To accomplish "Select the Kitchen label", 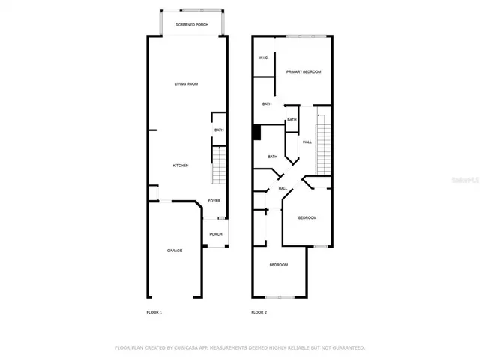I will [181, 166].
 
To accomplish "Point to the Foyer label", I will [214, 202].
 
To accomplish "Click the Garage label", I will [174, 250].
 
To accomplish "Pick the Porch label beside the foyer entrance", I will [216, 234].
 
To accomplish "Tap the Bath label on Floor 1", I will [219, 130].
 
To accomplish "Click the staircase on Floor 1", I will [218, 166].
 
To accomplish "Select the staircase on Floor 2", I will [323, 142].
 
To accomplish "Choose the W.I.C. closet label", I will [264, 58].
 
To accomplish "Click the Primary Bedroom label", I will [304, 72].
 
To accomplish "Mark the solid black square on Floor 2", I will [256, 132].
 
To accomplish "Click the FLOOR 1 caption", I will [154, 312].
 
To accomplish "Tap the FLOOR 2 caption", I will [259, 312].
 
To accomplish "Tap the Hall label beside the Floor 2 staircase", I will [307, 142].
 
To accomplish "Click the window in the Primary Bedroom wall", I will [304, 37].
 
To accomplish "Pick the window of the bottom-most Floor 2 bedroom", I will [280, 296].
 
